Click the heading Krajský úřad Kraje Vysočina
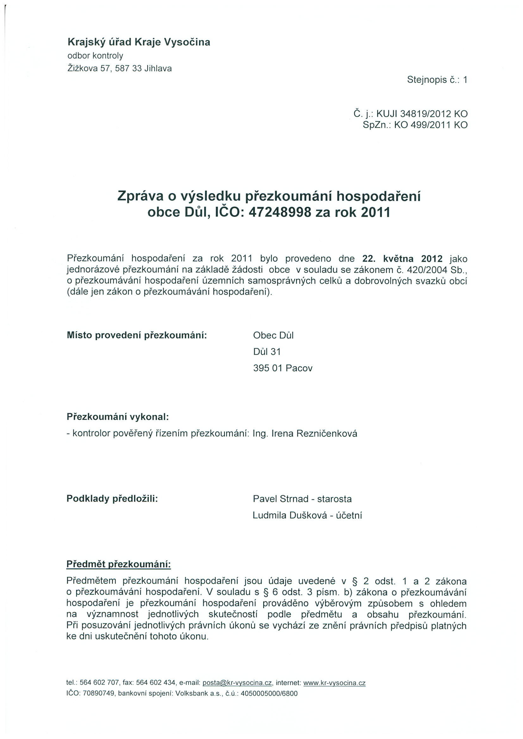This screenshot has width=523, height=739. tap(139, 42)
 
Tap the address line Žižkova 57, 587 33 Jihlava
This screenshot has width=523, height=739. tap(119, 69)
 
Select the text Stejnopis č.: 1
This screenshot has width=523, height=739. tap(437, 80)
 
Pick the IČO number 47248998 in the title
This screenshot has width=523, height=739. tap(280, 212)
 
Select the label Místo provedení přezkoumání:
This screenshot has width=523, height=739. tap(137, 335)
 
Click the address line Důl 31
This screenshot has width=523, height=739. tap(267, 352)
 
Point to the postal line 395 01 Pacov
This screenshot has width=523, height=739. tap(283, 368)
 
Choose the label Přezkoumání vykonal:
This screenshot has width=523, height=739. tap(118, 417)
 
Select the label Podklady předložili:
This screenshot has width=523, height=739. tap(112, 498)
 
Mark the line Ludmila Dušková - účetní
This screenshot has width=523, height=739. tap(307, 515)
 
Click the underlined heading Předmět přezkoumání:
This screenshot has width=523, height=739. tap(119, 564)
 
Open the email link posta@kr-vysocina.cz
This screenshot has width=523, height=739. tap(237, 683)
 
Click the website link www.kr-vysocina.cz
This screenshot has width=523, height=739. tap(334, 683)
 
